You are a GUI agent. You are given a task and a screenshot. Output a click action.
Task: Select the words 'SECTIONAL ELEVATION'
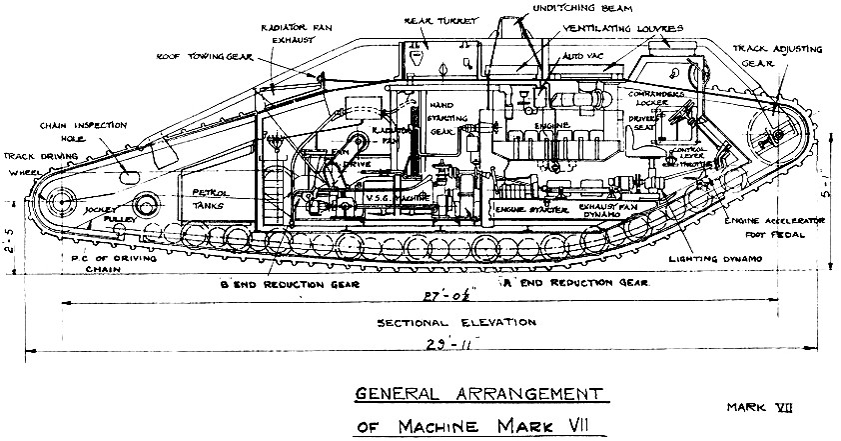442,324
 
